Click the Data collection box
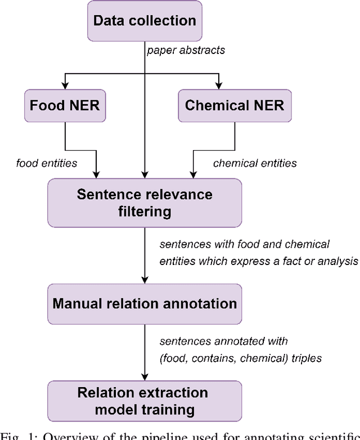[145, 21]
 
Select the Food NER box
[65, 105]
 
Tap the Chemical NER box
[234, 105]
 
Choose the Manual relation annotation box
[145, 304]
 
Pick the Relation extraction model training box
[145, 401]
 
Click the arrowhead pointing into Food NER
[65, 86]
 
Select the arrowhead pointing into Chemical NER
[234, 86]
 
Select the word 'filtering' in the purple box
[145, 213]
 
